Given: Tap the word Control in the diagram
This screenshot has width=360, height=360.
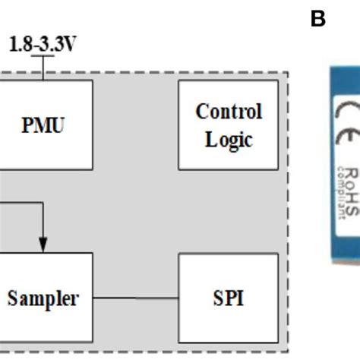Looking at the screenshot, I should pos(229,112).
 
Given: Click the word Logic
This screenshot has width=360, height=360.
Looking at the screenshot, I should pos(229,139).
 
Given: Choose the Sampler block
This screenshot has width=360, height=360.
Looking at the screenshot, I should pos(43,298).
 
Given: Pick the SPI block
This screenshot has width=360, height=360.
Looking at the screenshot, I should pos(224,298).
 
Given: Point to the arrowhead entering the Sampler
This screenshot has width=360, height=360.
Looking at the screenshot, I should pos(43,245).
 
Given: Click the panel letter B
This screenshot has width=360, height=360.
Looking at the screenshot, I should pos(317,20).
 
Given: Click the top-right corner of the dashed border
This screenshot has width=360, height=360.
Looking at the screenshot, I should pos(287,74).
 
